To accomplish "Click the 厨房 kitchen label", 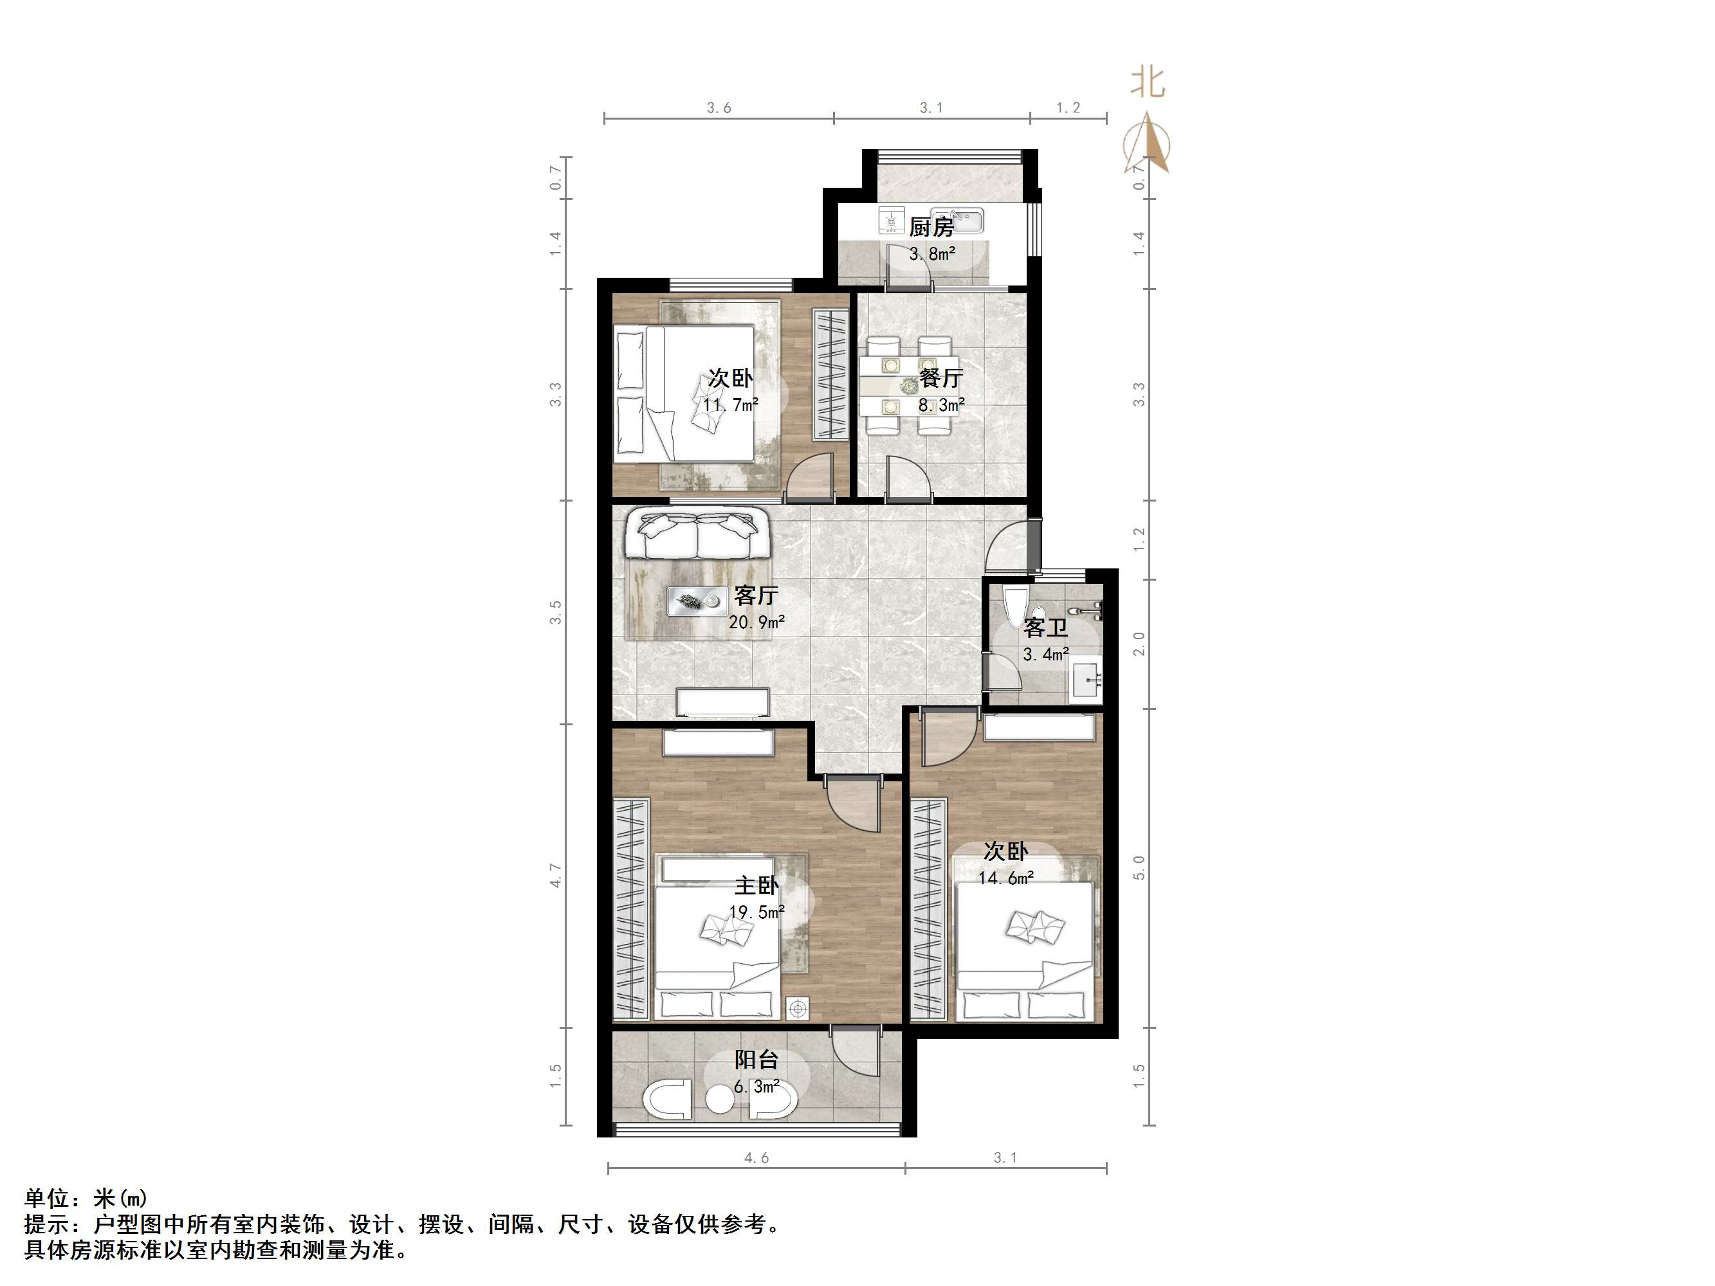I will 931,227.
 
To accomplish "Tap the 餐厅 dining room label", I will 941,378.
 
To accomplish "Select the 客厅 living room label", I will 756,595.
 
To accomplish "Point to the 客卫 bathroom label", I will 1045,627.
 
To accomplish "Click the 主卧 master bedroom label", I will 756,885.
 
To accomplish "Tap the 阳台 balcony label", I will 756,1060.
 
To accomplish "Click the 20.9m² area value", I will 757,622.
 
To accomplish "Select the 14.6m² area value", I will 1005,878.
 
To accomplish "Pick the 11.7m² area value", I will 730,404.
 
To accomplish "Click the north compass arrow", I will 1147,142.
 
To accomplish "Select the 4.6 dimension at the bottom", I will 756,1158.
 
